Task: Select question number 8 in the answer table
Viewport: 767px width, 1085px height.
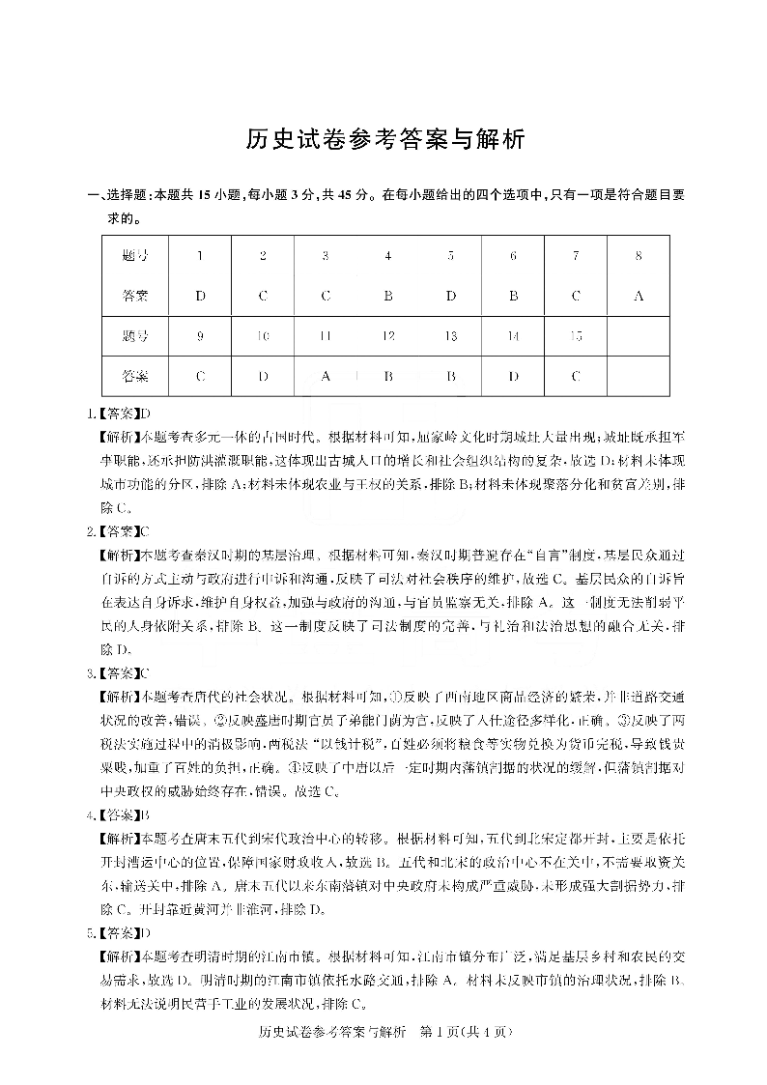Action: coord(639,256)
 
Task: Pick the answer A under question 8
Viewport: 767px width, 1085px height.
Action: coord(639,296)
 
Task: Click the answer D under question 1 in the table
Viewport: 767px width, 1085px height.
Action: coord(200,296)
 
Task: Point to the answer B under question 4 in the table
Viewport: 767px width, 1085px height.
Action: coord(387,296)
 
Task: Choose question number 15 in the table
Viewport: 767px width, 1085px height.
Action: coord(576,336)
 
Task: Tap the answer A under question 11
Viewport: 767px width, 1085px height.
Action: coord(326,376)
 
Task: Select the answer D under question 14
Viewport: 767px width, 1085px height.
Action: coord(513,376)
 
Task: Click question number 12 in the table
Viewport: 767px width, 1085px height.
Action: coord(387,336)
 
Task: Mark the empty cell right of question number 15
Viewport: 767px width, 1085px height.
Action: coord(639,336)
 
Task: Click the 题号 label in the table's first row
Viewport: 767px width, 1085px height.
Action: coord(136,256)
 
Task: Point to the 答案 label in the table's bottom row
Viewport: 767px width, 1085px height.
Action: coord(136,376)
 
